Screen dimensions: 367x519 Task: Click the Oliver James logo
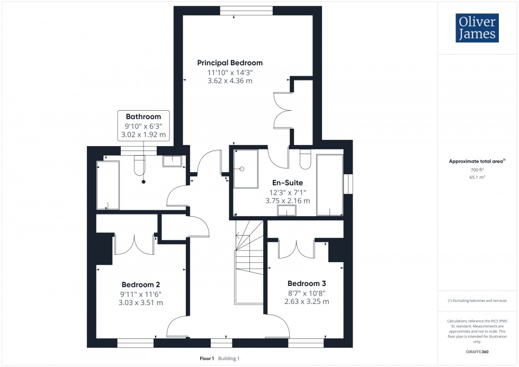(x=477, y=28)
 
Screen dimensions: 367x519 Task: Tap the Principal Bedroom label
(x=230, y=62)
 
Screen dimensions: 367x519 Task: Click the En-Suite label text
(x=288, y=183)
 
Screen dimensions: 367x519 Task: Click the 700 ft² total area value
(x=477, y=169)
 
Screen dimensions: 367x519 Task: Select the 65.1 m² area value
(x=477, y=177)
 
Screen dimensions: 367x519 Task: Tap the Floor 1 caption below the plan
(x=207, y=359)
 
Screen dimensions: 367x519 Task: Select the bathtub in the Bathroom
(x=108, y=186)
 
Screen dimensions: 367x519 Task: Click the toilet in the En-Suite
(x=305, y=158)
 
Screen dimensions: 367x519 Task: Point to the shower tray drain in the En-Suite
(x=241, y=169)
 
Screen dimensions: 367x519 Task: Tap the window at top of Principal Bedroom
(x=247, y=10)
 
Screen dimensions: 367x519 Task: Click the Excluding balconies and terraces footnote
(x=477, y=300)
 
